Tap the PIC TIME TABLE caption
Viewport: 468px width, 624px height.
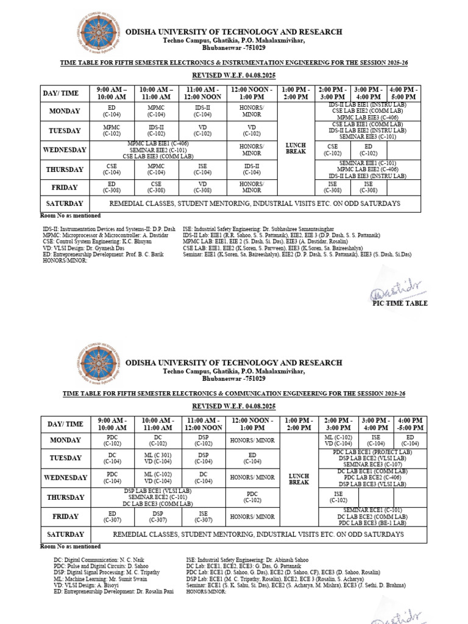[399, 303]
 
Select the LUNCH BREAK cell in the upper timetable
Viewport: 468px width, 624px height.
[296, 148]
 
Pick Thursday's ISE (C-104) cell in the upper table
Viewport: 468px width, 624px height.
[203, 169]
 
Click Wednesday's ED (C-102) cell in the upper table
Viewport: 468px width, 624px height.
[368, 150]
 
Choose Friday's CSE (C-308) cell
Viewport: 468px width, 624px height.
[157, 187]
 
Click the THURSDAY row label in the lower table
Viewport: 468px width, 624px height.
[65, 497]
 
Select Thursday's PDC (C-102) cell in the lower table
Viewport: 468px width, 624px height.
[252, 497]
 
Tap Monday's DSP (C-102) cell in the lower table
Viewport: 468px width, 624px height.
[204, 441]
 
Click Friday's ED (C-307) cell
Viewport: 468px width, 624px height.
[112, 517]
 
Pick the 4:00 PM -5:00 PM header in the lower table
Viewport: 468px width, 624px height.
[410, 424]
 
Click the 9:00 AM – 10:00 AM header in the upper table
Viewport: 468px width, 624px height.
[112, 93]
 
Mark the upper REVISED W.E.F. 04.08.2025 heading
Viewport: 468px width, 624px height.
[234, 75]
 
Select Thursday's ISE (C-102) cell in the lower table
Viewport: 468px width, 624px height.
[338, 497]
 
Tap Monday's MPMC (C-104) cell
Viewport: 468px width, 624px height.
[157, 111]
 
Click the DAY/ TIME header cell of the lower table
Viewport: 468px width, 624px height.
[65, 424]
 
